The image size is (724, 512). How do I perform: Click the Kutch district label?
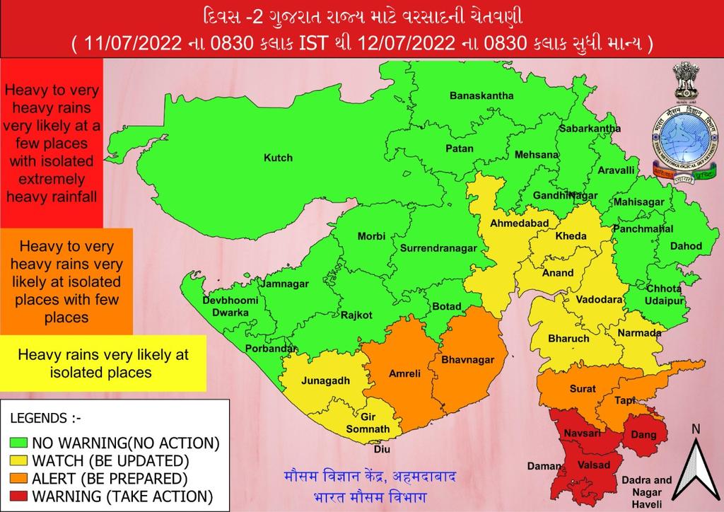[278, 158]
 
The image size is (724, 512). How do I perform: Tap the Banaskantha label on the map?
[481, 95]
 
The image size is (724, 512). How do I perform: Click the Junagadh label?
[327, 380]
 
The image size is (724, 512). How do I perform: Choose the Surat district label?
[583, 389]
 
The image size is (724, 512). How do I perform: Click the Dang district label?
[643, 435]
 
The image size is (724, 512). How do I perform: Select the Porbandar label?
[269, 349]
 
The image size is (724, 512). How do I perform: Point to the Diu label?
[381, 448]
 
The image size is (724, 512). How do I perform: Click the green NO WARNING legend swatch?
[19, 443]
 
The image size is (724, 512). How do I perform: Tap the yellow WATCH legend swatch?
[19, 460]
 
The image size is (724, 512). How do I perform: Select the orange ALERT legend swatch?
[19, 477]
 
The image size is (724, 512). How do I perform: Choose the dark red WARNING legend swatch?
[19, 494]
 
